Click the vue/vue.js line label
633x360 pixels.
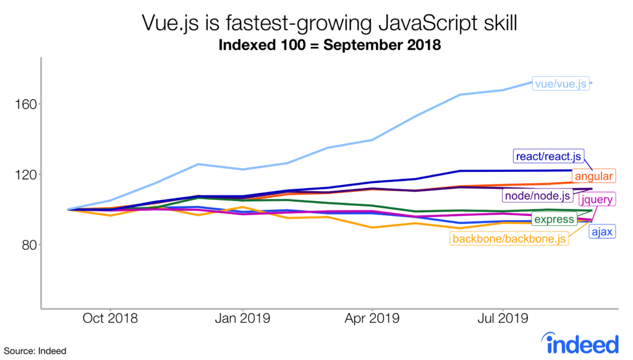click(x=561, y=83)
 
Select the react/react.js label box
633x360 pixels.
click(x=548, y=156)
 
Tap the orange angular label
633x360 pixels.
click(x=593, y=176)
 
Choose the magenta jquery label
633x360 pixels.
click(x=600, y=199)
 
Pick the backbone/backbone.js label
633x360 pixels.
click(x=509, y=239)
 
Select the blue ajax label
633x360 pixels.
click(x=602, y=232)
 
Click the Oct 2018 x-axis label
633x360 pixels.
click(x=110, y=319)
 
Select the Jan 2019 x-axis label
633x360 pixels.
click(x=242, y=319)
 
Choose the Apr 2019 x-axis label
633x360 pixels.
click(x=372, y=319)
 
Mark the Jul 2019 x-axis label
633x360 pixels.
click(x=503, y=319)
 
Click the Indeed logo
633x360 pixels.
click(x=579, y=342)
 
